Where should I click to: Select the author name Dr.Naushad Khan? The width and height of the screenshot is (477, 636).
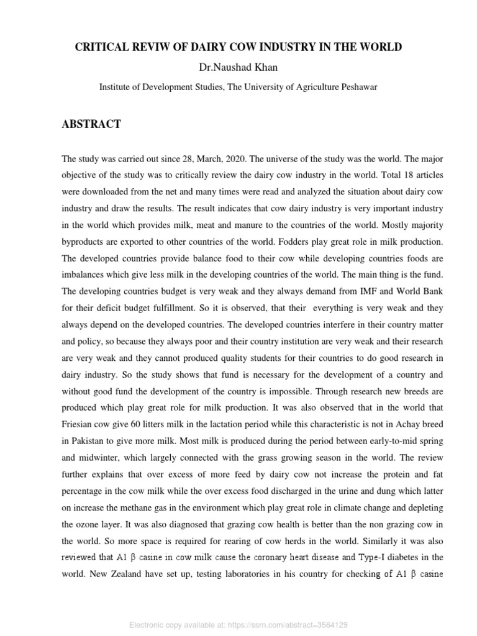point(238,67)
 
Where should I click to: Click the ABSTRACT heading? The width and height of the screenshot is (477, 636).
point(91,124)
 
